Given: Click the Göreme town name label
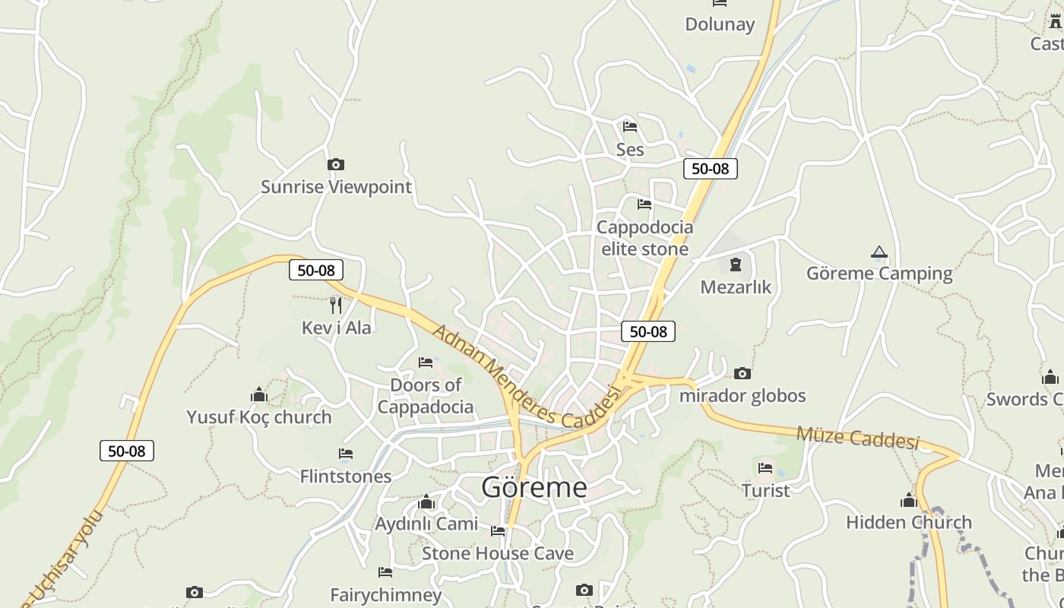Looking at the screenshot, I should click(x=534, y=487).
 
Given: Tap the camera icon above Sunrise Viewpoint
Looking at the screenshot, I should click(x=335, y=164).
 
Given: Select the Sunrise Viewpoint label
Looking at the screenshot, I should click(x=336, y=187).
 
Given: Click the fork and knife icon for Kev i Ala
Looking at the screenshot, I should click(x=336, y=306).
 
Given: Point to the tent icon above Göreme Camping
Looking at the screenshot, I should click(x=879, y=252).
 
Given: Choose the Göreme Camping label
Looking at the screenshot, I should click(x=879, y=274).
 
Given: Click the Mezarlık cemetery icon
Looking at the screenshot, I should click(x=735, y=264).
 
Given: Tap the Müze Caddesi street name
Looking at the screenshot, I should click(x=858, y=438).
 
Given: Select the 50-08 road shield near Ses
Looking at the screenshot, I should click(x=711, y=169).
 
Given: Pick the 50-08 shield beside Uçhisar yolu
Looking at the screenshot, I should click(x=127, y=451).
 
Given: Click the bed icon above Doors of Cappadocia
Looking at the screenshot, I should click(x=426, y=363).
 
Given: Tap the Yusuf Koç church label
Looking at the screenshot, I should click(x=259, y=417).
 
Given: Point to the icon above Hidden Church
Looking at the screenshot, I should click(x=908, y=500).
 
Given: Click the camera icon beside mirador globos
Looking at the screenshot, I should click(x=743, y=373).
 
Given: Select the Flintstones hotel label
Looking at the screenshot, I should click(x=346, y=477).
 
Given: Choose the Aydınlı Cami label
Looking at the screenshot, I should click(x=426, y=524).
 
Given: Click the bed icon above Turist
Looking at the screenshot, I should click(x=765, y=468).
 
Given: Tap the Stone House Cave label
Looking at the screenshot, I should click(x=498, y=553).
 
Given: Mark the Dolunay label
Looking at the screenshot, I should click(x=720, y=24).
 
